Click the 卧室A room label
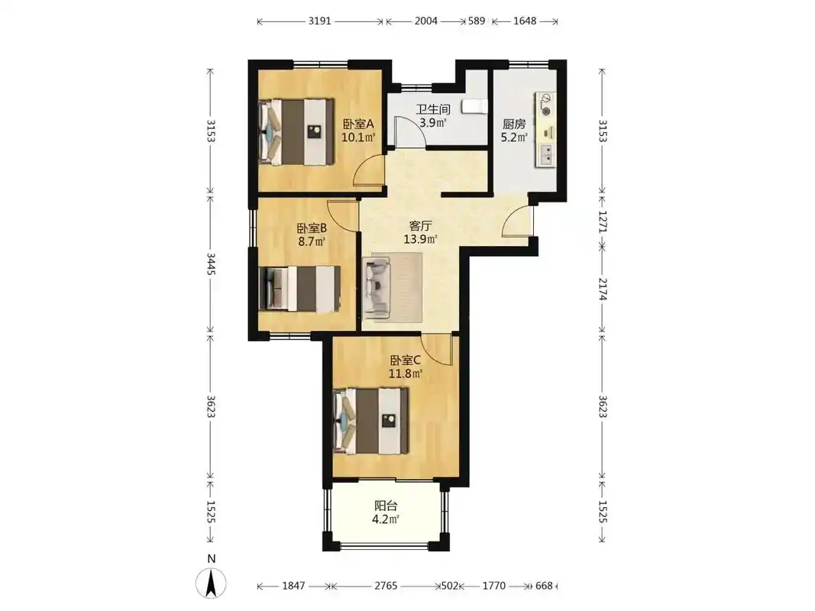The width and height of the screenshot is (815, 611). click(358, 124)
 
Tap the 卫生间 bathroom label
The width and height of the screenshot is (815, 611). click(433, 110)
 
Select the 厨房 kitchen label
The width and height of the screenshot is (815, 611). click(514, 124)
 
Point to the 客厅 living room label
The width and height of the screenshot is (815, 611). click(421, 225)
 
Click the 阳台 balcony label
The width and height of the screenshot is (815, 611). click(386, 506)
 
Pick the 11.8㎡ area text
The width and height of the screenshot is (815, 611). click(406, 373)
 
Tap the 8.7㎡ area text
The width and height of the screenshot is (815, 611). click(312, 241)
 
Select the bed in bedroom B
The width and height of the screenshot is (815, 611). click(300, 289)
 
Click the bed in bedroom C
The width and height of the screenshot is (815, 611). click(371, 421)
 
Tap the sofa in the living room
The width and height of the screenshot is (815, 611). click(377, 287)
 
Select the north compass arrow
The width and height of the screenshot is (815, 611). click(211, 583)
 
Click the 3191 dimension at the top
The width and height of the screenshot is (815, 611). click(319, 21)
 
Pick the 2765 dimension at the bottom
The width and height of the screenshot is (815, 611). click(386, 586)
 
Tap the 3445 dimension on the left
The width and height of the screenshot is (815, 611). click(211, 264)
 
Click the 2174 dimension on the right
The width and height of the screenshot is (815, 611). click(603, 289)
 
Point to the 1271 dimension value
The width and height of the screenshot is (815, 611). click(603, 221)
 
